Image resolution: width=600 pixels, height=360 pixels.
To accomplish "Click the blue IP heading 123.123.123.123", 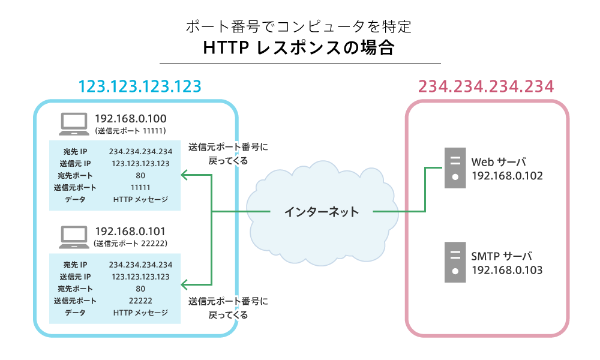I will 140,86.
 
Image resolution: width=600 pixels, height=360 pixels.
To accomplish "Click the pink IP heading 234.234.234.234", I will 485,86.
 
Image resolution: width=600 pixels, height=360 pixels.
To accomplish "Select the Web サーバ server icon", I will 455,169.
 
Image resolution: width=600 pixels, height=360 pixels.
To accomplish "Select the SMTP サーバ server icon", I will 455,262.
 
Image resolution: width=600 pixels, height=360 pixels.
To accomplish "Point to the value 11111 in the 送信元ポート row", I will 140,187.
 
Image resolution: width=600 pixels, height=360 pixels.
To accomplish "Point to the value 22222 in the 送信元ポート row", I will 140,301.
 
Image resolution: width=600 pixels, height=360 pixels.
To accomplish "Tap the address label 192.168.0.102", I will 507,176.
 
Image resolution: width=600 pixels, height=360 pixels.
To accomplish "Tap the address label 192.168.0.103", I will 507,271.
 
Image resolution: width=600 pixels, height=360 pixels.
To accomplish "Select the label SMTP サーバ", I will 502,256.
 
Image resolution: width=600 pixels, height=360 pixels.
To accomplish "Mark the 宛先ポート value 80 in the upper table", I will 140,175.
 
